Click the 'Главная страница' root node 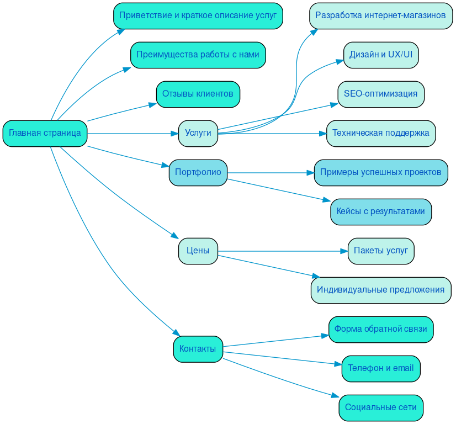pyautogui.click(x=45, y=133)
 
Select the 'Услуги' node pyautogui.click(x=198, y=133)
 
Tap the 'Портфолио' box pyautogui.click(x=198, y=173)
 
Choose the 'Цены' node pyautogui.click(x=198, y=251)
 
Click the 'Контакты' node pyautogui.click(x=198, y=349)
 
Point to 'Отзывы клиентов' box pyautogui.click(x=198, y=94)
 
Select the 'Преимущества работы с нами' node pyautogui.click(x=198, y=55)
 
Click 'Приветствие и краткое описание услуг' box pyautogui.click(x=198, y=15)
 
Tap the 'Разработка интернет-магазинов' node pyautogui.click(x=380, y=15)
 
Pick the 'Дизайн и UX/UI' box pyautogui.click(x=380, y=55)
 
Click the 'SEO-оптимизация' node pyautogui.click(x=380, y=94)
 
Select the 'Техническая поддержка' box pyautogui.click(x=380, y=133)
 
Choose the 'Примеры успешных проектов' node pyautogui.click(x=380, y=173)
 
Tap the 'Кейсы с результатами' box pyautogui.click(x=380, y=211)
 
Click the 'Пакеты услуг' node pyautogui.click(x=380, y=251)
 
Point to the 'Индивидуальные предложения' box pyautogui.click(x=380, y=290)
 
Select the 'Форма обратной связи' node pyautogui.click(x=380, y=329)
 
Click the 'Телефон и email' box pyautogui.click(x=380, y=368)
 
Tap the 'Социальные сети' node pyautogui.click(x=380, y=407)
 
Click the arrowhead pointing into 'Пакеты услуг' pyautogui.click(x=343, y=251)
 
